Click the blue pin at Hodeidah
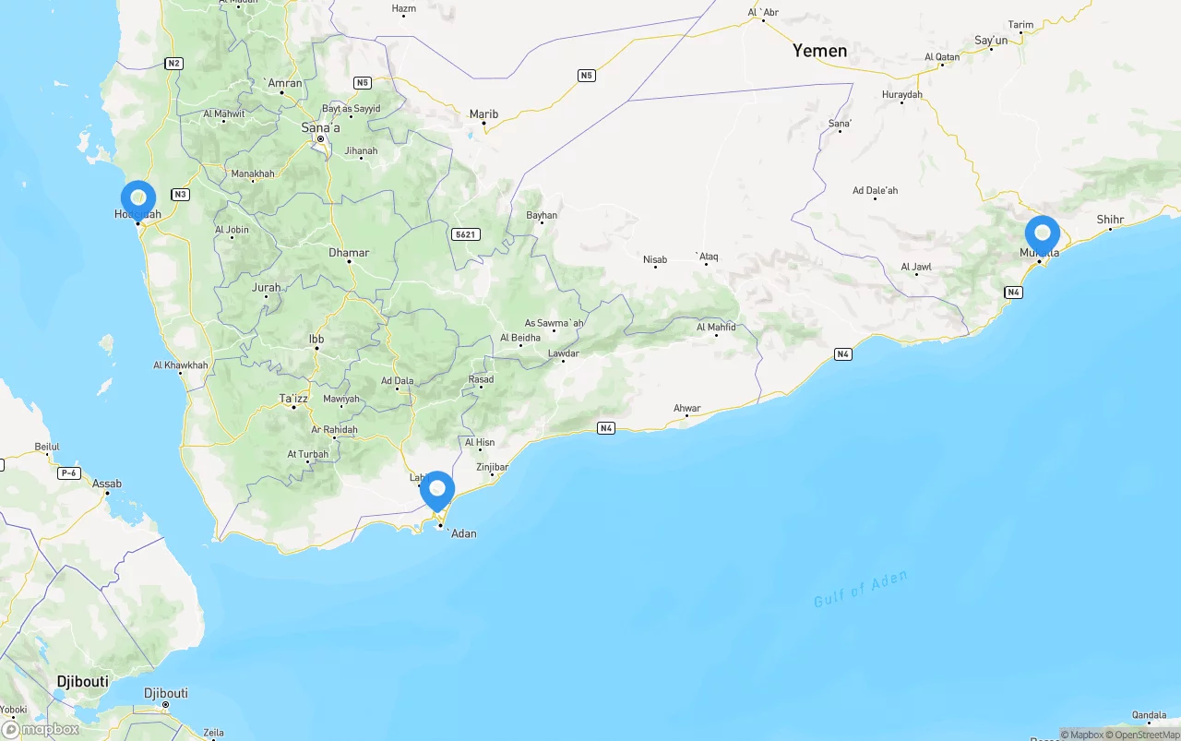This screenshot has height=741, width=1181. pos(138,198)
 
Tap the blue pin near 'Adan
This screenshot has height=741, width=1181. pos(437,490)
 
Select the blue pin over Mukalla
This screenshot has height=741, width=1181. pos(1043,233)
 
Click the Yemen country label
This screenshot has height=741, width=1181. pos(819,52)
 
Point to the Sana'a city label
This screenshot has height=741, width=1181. pos(321,127)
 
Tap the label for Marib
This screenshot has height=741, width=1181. pos(483,114)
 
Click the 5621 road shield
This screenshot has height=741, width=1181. pos(465,234)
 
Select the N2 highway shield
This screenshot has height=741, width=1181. pos(174,64)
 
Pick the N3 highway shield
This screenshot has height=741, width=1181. pos(180,194)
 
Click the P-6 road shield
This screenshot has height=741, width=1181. pos(68,473)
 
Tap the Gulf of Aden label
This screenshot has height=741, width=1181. pos(860,589)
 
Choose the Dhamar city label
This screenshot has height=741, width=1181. pos(349,252)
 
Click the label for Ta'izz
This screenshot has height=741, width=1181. pos(293,399)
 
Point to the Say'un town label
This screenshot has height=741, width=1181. pos(991,41)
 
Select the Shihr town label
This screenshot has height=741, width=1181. pos(1110,220)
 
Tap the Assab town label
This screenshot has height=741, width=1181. pos(107,484)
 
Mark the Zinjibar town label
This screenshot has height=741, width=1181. pos(492,467)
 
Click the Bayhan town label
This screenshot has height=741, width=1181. pos(542,216)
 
